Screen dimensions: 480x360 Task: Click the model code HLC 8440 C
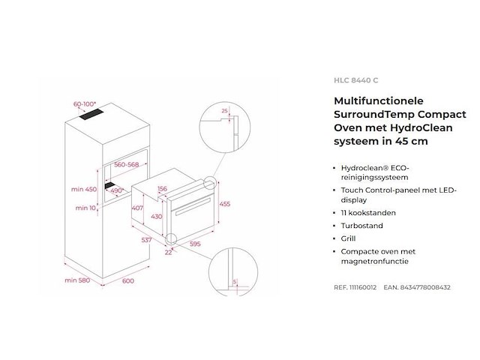355,80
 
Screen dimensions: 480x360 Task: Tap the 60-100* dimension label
85,104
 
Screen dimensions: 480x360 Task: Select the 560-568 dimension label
127,164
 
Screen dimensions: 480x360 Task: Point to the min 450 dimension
83,189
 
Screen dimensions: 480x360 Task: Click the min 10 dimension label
85,208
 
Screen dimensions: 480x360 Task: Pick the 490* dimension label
117,190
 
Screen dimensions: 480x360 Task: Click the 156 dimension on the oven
162,188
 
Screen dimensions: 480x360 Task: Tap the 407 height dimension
137,208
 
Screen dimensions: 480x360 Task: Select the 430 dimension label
157,217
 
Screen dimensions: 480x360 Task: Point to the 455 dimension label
225,204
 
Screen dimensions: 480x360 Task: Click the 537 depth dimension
146,240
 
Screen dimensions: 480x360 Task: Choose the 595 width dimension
195,244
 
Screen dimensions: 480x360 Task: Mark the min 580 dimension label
77,280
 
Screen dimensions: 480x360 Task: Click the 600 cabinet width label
128,280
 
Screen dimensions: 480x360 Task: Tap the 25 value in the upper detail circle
225,111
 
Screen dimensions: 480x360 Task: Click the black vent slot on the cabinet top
91,114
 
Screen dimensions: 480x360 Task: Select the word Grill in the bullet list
348,238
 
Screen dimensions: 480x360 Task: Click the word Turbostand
361,226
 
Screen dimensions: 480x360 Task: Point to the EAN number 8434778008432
425,287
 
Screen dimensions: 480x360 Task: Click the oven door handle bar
192,205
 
